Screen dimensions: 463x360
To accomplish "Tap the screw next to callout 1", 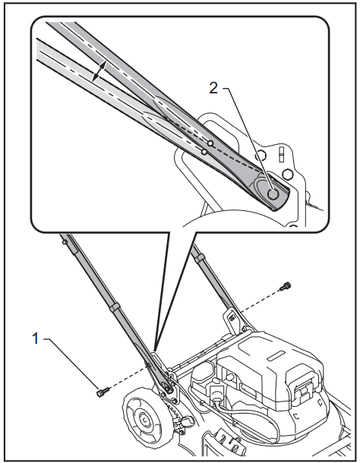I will coord(103,392).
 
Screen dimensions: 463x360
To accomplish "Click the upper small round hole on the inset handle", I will coord(210,142).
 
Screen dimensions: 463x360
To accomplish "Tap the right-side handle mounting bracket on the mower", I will coord(229,319).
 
